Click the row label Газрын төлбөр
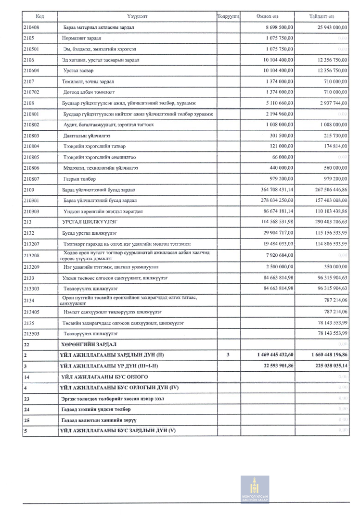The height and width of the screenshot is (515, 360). click(80, 179)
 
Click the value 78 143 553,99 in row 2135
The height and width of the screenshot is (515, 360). click(328, 322)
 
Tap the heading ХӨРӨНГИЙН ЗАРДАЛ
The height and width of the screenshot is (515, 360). click(90, 344)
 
